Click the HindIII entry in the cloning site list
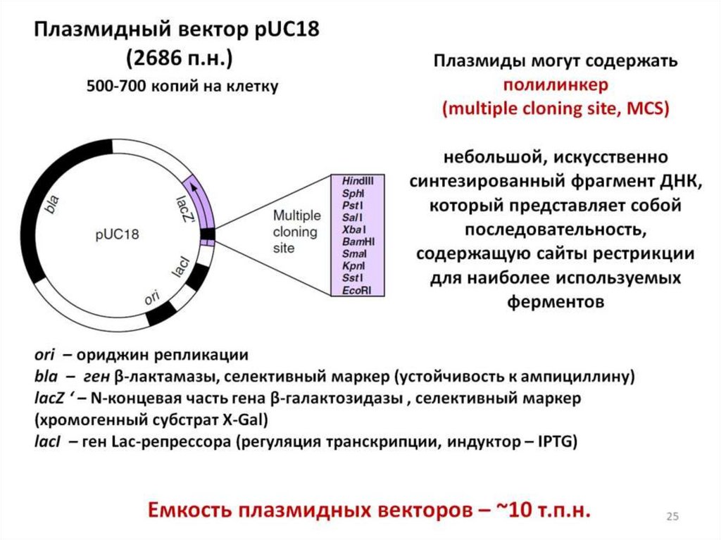pos(357,181)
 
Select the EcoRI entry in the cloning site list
pos(356,290)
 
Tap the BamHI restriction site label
pos(357,241)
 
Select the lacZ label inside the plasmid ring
pos(184,209)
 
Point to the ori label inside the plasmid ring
pos(151,298)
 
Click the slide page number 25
pos(672,517)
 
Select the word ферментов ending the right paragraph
pos(555,302)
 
